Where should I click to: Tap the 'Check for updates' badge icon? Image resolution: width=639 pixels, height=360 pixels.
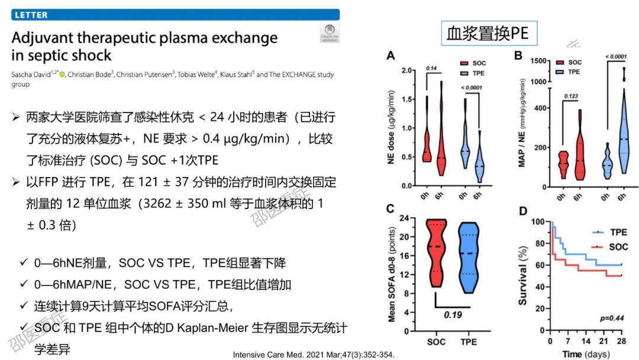tap(330, 33)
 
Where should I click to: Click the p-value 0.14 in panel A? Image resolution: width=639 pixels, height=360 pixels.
tap(432, 69)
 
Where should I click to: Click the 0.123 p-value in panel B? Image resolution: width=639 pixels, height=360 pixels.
tap(570, 95)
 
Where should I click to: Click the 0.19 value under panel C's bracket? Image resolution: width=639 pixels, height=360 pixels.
tap(453, 314)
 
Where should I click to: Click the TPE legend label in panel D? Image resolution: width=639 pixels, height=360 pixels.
tap(618, 232)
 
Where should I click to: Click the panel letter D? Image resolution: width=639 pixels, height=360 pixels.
tap(524, 210)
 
